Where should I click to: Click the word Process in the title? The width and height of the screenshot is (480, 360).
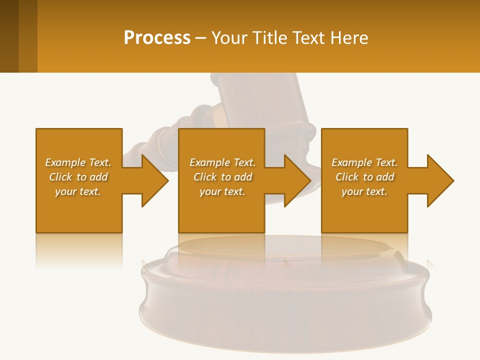157,37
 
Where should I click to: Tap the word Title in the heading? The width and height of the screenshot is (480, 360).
267,37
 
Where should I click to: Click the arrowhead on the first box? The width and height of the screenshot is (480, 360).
153,180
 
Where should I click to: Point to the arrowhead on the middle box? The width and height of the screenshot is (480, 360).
295,180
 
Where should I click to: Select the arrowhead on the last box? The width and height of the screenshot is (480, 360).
438,180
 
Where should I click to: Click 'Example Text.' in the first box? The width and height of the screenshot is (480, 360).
78,162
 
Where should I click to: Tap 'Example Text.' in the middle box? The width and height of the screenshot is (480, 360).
222,162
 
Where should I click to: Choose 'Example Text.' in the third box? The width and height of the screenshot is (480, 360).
364,162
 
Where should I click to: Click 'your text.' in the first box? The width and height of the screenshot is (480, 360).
78,191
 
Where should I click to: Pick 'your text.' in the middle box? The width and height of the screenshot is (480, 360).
222,191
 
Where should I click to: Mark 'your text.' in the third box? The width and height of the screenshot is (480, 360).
364,191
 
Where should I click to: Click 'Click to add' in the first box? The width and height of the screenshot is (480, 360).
78,177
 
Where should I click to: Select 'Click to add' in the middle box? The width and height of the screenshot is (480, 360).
222,177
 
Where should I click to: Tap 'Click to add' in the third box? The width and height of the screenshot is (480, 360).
364,177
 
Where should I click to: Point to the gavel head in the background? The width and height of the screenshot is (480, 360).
260,100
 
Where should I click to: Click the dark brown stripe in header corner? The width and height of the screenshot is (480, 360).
9,36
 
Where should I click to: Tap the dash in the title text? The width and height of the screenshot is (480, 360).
200,38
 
